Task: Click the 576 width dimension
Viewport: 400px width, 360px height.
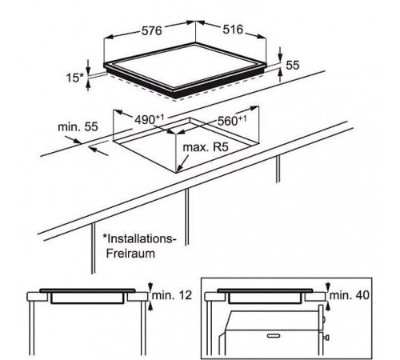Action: click(x=151, y=31)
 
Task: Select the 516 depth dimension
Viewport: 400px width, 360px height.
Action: click(x=233, y=30)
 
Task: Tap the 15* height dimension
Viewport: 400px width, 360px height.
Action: click(x=75, y=78)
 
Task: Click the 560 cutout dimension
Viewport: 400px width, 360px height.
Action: click(x=232, y=121)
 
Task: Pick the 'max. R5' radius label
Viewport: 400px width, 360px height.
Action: click(x=206, y=147)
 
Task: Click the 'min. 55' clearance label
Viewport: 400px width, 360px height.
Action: click(x=78, y=127)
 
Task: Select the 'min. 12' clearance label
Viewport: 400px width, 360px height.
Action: click(x=172, y=295)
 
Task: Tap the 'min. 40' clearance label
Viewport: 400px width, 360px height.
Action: click(x=350, y=295)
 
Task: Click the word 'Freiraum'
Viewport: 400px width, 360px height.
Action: click(x=130, y=253)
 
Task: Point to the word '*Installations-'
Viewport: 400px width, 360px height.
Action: click(x=140, y=238)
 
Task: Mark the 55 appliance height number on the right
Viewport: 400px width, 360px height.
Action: click(x=293, y=65)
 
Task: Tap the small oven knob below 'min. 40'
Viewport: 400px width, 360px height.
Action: click(x=326, y=338)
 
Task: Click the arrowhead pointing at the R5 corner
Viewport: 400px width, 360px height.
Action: click(x=179, y=169)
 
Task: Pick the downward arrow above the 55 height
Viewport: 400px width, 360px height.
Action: click(x=280, y=54)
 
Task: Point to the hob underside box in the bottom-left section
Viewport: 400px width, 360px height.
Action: click(x=87, y=298)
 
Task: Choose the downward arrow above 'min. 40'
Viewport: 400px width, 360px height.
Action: click(x=328, y=286)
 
